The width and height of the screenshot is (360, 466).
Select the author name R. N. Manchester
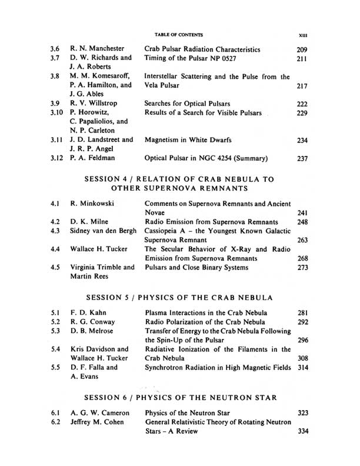click(x=98, y=50)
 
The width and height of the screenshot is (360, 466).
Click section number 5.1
click(x=56, y=312)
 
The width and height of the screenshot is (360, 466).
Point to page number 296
click(x=302, y=340)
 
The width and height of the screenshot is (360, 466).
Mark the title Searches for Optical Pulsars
click(x=186, y=104)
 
